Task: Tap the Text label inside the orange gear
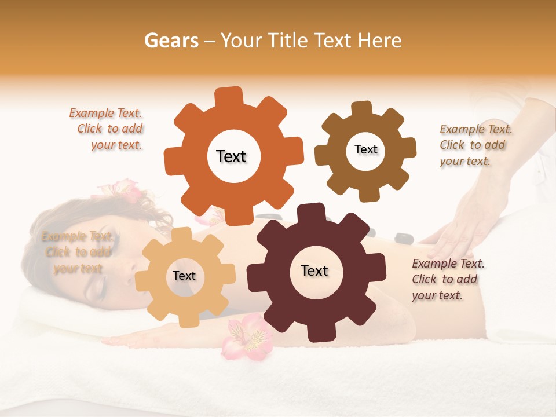[x=231, y=156]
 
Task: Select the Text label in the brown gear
[x=365, y=149]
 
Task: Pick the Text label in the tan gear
[x=184, y=276]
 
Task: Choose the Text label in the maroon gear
[x=314, y=270]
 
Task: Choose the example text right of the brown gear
[x=474, y=145]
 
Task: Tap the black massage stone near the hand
[x=402, y=237]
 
